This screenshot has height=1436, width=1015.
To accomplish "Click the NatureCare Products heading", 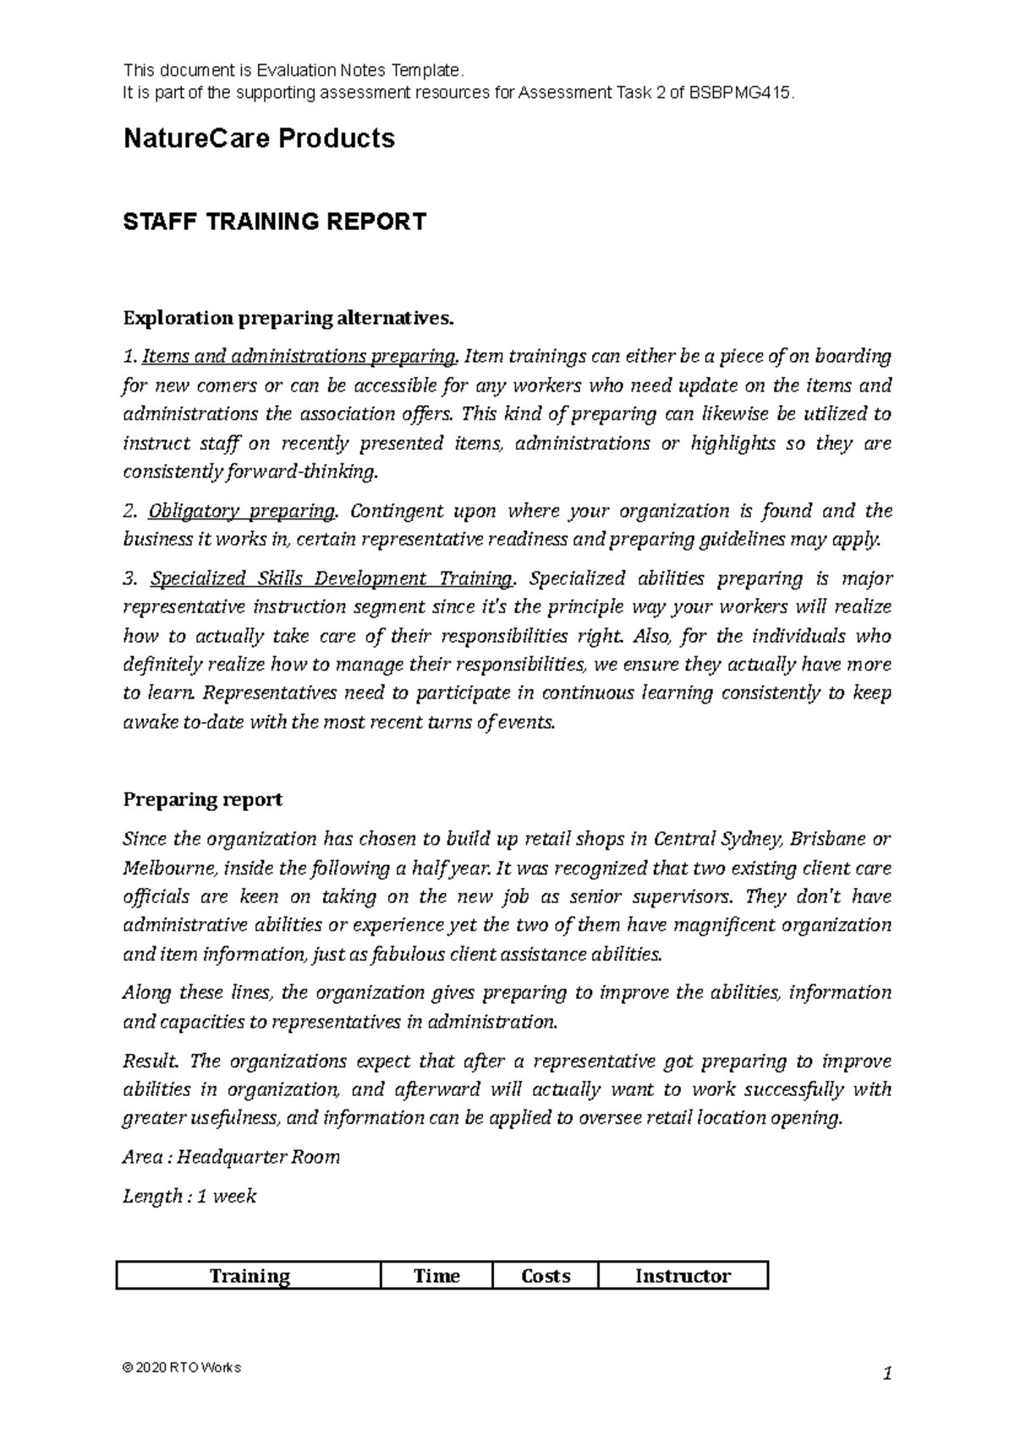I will pos(259,138).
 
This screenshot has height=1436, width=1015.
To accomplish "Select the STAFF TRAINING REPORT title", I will pos(275,222).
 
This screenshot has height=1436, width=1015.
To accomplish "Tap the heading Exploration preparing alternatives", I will pos(288,318).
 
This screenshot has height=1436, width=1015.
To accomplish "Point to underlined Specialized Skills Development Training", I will pos(331,578).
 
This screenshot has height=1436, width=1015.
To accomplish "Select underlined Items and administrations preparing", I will pos(300,356).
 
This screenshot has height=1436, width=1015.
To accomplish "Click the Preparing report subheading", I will pos(203,799).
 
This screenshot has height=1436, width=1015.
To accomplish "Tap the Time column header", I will pos(436,1275).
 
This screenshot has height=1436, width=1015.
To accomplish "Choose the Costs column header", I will pos(546,1275).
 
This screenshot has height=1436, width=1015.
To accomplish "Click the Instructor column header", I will pos(683,1275).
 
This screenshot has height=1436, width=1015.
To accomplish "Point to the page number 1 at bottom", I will pos(886,1374).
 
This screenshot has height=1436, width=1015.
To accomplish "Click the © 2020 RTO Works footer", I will pos(182,1367).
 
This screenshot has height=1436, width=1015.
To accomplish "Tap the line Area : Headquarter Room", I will pos(232,1157).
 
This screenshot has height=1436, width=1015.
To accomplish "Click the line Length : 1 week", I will pos(189,1196).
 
